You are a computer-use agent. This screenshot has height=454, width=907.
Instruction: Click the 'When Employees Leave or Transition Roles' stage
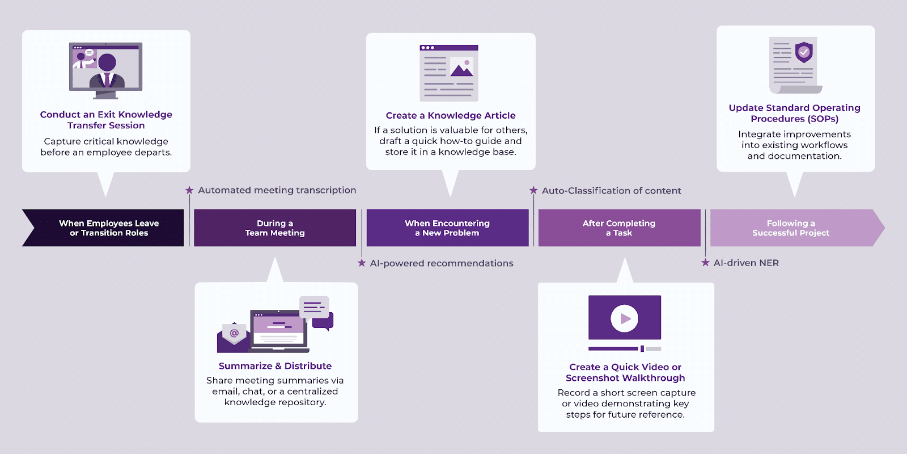click(x=108, y=228)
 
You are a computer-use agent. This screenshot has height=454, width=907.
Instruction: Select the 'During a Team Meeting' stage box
click(x=275, y=228)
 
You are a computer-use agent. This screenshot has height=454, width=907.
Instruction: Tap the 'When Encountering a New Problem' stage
click(x=447, y=228)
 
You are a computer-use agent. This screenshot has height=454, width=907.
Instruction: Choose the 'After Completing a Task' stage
click(x=619, y=228)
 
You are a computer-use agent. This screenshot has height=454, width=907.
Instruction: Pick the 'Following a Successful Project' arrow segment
click(x=791, y=228)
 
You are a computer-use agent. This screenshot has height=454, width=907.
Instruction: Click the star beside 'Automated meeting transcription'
click(x=189, y=190)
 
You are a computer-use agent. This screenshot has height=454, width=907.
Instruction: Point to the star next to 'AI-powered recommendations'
click(x=362, y=263)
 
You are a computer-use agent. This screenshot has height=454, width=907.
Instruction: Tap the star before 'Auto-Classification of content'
click(x=533, y=191)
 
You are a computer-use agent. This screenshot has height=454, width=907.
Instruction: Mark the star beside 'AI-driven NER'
click(x=705, y=263)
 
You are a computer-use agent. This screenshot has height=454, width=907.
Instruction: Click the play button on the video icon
click(x=625, y=318)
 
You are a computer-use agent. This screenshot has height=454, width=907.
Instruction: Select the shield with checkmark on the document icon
click(x=804, y=52)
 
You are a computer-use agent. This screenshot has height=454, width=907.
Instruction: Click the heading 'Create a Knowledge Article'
click(x=451, y=116)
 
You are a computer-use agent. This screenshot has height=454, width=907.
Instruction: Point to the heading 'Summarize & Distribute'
click(x=275, y=366)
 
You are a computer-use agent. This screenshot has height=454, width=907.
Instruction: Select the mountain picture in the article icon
click(x=462, y=68)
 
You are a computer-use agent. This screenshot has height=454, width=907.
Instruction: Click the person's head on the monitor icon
click(x=107, y=62)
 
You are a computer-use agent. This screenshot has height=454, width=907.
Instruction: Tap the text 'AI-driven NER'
click(x=746, y=263)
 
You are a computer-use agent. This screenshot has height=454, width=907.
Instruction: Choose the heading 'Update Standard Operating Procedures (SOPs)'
click(x=794, y=113)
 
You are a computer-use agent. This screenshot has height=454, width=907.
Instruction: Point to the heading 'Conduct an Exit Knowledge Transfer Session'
click(x=106, y=120)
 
